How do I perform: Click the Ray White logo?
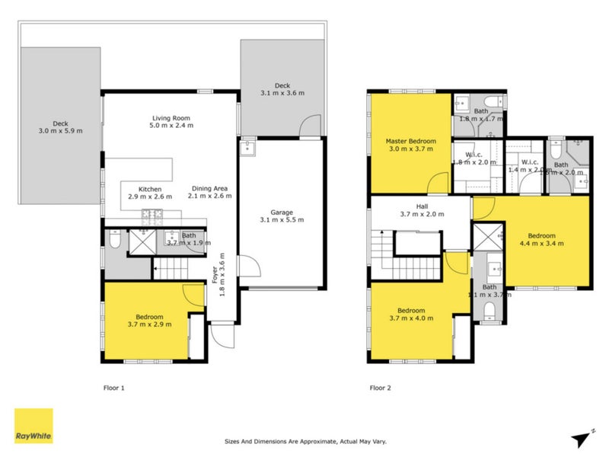coord(34,426)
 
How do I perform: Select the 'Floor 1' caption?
coord(113,388)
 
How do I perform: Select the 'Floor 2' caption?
coord(380,388)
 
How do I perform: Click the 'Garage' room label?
coord(282,213)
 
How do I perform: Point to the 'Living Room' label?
coord(171,118)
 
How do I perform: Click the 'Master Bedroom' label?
coord(410,141)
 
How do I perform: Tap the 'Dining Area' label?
coord(211,188)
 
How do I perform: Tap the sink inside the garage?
coord(248,148)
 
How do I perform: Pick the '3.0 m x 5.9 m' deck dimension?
coord(62,131)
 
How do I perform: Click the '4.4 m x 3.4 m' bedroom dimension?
coord(542,244)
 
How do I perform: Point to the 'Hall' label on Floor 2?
coord(421,206)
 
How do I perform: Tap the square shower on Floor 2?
coord(487,235)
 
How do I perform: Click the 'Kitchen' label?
coord(149,189)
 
